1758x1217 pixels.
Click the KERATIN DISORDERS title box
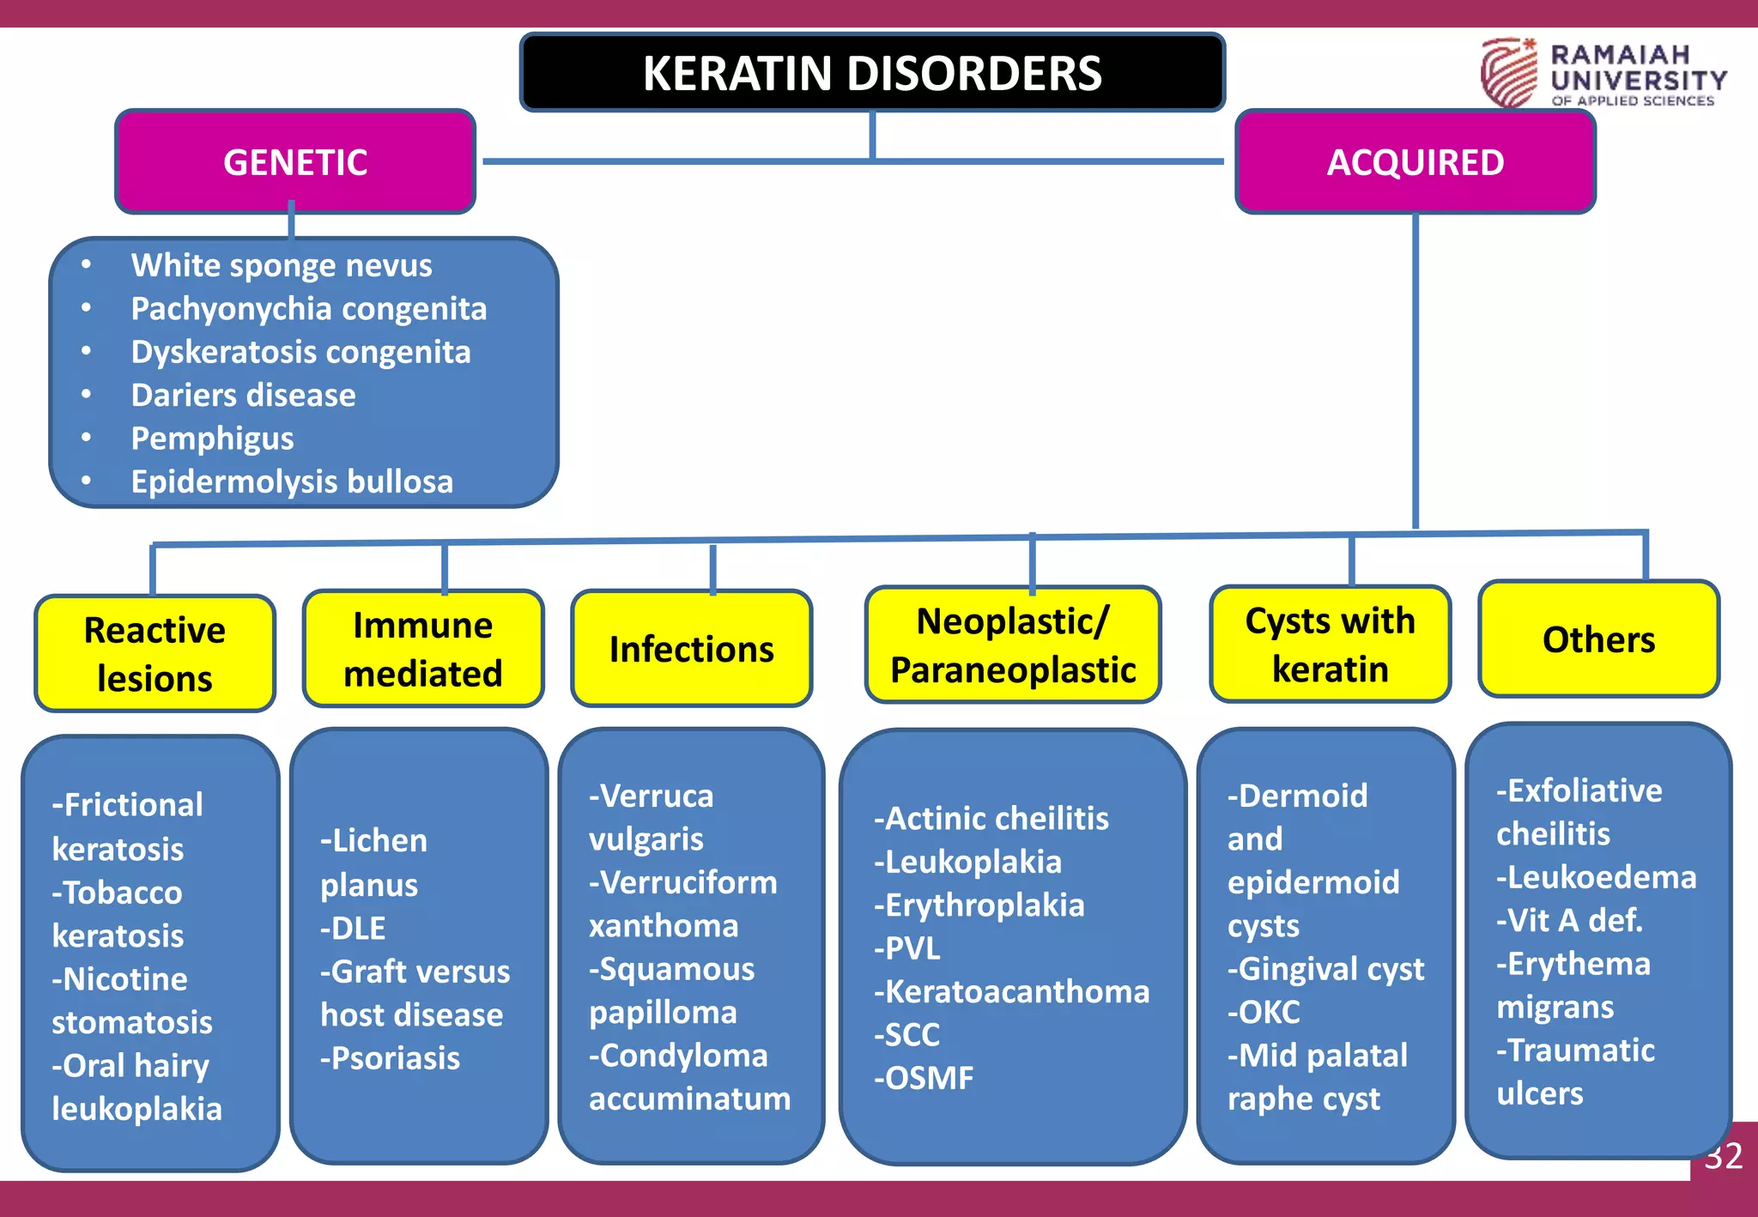[x=871, y=73]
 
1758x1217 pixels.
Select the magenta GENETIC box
[x=295, y=162]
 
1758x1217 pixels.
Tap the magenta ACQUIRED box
[x=1415, y=162]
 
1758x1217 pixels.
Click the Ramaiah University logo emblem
[x=1508, y=72]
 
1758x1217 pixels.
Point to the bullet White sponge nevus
[x=281, y=265]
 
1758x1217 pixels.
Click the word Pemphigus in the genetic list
[x=212, y=439]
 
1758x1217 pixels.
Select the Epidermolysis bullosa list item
[x=291, y=481]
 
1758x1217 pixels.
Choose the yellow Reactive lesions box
[x=155, y=654]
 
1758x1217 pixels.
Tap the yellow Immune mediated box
[x=422, y=649]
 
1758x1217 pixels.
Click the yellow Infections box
[x=691, y=649]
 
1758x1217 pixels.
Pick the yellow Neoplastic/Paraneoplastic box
[x=1013, y=645]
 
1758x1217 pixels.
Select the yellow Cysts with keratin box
[x=1330, y=645]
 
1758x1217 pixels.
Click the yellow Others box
[x=1598, y=639]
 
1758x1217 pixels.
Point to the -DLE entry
[x=353, y=928]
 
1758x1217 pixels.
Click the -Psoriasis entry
[x=390, y=1058]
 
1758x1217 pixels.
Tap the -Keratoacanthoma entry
[x=1011, y=991]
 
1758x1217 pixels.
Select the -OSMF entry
[x=924, y=1078]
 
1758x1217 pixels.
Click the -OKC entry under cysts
[x=1264, y=1012]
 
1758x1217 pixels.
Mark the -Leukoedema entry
[x=1596, y=877]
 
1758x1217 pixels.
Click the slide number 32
[x=1724, y=1156]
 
